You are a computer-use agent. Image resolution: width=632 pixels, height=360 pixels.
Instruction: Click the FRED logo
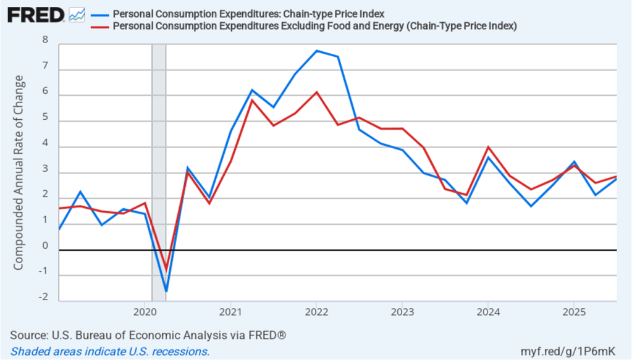coord(36,14)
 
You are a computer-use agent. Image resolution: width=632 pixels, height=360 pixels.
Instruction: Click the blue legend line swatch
coord(99,14)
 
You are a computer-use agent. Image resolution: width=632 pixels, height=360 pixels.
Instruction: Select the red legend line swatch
coord(99,26)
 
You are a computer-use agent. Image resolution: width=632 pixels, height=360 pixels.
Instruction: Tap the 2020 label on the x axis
coord(144,309)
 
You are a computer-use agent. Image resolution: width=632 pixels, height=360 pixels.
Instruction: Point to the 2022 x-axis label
coord(316,309)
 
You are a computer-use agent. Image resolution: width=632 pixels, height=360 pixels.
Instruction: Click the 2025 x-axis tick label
coord(573,309)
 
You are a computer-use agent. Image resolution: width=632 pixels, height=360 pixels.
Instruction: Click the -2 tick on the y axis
coord(43,297)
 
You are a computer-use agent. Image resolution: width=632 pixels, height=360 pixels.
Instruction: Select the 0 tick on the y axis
coord(44,246)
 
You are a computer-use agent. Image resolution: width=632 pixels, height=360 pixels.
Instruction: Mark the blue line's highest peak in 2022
coord(316,51)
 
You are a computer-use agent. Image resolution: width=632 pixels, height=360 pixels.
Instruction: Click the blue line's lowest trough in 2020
coord(166,291)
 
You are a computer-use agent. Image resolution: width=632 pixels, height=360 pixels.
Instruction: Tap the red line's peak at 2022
coord(316,92)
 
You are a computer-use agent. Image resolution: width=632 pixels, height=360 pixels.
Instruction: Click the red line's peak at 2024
coord(488,147)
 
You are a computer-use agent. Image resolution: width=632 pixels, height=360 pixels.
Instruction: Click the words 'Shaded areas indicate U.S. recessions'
coord(110,351)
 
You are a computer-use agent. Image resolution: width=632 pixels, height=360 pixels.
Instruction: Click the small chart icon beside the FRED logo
coord(77,14)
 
